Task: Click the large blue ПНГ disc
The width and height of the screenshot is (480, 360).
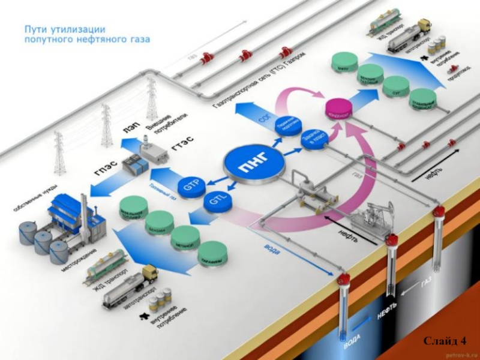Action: pyautogui.click(x=254, y=163)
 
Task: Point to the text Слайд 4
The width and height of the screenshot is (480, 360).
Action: pyautogui.click(x=445, y=341)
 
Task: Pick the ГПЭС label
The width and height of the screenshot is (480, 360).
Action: pyautogui.click(x=102, y=169)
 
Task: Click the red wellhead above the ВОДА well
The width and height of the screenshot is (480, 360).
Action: pyautogui.click(x=344, y=279)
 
